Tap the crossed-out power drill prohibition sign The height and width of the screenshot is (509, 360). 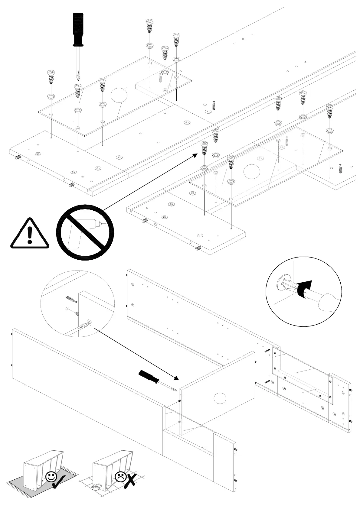coord(85,232)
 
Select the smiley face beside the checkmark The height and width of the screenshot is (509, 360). coord(51,477)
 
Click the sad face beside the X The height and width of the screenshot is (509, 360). coord(120,477)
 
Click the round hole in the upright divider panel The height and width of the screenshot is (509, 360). coord(220,398)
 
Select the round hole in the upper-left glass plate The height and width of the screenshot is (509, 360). coord(119,95)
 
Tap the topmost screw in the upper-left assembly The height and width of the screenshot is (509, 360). coord(149,26)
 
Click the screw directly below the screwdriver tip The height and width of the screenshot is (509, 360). coord(78,90)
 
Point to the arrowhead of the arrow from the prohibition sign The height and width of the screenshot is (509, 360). coord(195,155)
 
